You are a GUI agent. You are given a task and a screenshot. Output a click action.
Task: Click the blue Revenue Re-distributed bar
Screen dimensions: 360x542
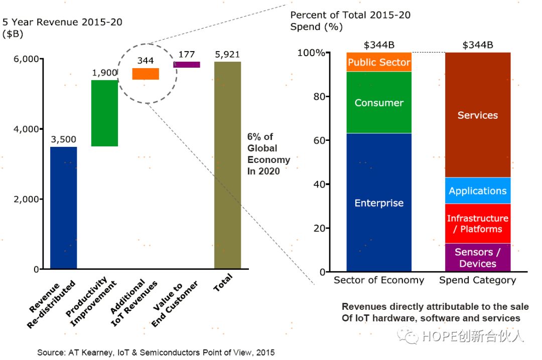[63, 208]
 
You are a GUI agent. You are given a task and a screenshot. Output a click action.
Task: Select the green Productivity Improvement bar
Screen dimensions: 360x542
[104, 113]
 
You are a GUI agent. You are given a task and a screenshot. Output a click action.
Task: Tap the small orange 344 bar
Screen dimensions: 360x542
[146, 74]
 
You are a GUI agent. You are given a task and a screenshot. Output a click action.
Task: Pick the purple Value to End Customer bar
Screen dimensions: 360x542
[187, 65]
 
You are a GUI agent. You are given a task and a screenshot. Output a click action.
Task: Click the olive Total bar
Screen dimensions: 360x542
[228, 165]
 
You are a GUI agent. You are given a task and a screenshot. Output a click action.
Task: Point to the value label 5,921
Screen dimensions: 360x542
[228, 53]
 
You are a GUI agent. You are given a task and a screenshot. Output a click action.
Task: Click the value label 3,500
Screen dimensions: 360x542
[63, 139]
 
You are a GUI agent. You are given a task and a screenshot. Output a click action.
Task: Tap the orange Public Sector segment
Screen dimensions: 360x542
[379, 62]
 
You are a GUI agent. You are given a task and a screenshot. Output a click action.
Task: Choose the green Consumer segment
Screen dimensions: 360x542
[379, 102]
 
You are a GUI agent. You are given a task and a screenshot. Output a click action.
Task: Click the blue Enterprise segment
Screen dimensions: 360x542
[379, 203]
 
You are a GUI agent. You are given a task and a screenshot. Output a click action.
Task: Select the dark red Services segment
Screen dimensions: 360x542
[478, 115]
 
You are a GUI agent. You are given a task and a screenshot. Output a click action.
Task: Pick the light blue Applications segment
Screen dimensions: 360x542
[478, 191]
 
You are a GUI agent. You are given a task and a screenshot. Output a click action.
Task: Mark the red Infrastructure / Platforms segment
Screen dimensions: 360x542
[478, 224]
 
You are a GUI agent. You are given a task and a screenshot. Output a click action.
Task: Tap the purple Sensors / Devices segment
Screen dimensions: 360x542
[478, 258]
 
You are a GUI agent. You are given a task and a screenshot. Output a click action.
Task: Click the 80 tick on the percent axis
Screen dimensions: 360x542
[333, 96]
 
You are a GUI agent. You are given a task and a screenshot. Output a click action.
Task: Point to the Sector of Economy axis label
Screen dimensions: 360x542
[379, 280]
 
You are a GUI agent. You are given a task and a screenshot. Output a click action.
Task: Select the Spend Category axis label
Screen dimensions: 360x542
[478, 280]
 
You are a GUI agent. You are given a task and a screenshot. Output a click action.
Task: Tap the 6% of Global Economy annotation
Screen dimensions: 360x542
[268, 153]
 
